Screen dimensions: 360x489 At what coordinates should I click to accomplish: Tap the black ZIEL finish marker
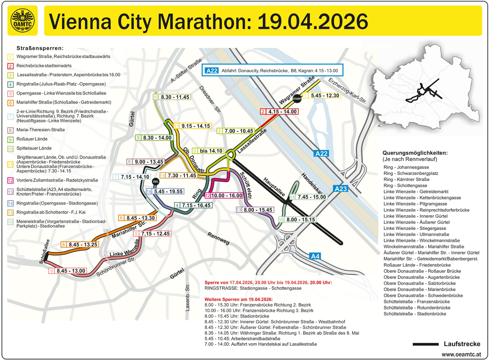tap(155, 182)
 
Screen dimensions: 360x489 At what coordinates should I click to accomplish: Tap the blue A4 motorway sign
tap(315, 256)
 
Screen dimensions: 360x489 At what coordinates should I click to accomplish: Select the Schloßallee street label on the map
tap(44, 251)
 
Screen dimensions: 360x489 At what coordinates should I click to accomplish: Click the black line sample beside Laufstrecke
tap(426, 344)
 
